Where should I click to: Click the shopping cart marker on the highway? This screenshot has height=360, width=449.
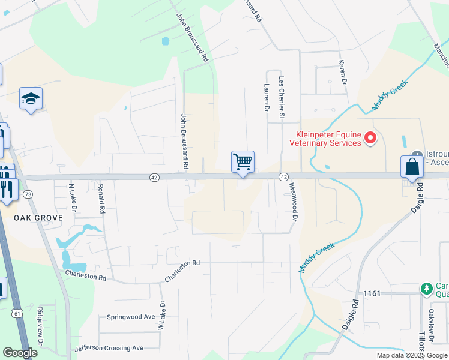pyautogui.click(x=243, y=161)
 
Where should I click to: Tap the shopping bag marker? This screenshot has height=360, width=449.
pyautogui.click(x=412, y=167)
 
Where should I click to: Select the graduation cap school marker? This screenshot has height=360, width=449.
pyautogui.click(x=31, y=99)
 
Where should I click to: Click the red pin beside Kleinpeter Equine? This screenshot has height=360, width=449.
pyautogui.click(x=370, y=139)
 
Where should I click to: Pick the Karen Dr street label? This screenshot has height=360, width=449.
pyautogui.click(x=342, y=72)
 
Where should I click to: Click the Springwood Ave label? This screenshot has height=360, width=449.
pyautogui.click(x=131, y=316)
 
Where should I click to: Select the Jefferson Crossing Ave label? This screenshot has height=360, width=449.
pyautogui.click(x=109, y=348)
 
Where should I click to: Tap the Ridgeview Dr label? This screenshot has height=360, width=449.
pyautogui.click(x=40, y=326)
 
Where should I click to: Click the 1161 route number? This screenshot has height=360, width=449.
pyautogui.click(x=373, y=293)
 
